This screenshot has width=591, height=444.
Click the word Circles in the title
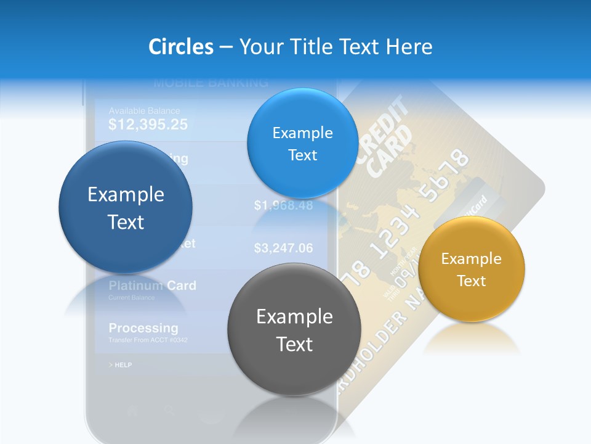coord(180,47)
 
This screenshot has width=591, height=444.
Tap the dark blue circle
coord(126,207)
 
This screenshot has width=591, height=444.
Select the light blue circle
coord(302,143)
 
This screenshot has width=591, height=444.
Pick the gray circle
coord(294,329)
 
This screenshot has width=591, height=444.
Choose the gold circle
coord(471,269)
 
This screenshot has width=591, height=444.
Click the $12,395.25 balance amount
coord(148,125)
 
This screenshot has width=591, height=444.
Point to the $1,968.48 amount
coord(283,205)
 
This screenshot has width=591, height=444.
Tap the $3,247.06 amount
coord(283,249)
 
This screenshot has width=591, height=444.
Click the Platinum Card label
coord(152,286)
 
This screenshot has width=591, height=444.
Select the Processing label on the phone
coord(143,327)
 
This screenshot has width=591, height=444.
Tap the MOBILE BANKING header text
coord(210,82)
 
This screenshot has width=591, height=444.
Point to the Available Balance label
coord(144,111)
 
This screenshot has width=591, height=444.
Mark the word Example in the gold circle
coord(471,259)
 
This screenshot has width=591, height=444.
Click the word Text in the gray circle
coord(294,344)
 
